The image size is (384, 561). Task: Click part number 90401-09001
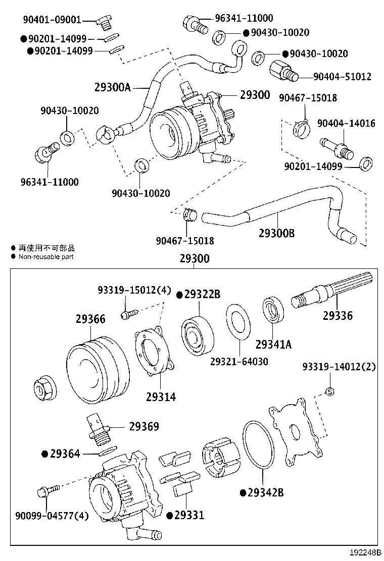[52, 20]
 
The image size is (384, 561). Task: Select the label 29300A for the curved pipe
[112, 87]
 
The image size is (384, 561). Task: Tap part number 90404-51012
[342, 77]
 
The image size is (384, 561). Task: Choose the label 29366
[90, 319]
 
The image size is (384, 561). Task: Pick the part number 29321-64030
[239, 362]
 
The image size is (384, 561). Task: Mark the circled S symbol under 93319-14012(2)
[329, 391]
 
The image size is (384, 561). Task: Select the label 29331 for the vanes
[189, 515]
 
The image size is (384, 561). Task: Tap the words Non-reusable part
[46, 257]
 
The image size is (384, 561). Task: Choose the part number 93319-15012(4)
[134, 290]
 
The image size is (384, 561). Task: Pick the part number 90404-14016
[346, 123]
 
